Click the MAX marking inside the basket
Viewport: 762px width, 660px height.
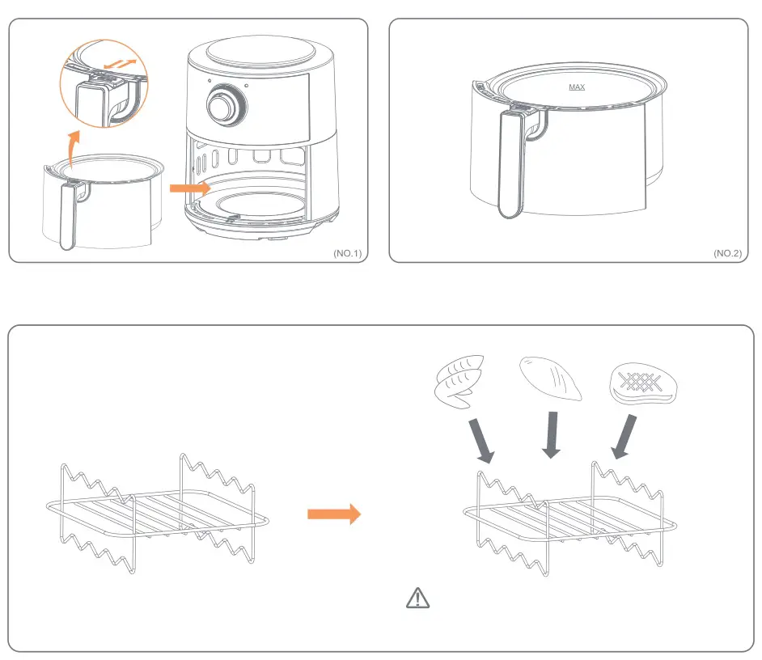577,87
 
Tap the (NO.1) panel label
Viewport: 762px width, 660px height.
349,253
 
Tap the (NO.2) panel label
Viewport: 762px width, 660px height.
727,253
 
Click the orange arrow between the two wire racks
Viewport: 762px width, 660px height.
333,513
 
